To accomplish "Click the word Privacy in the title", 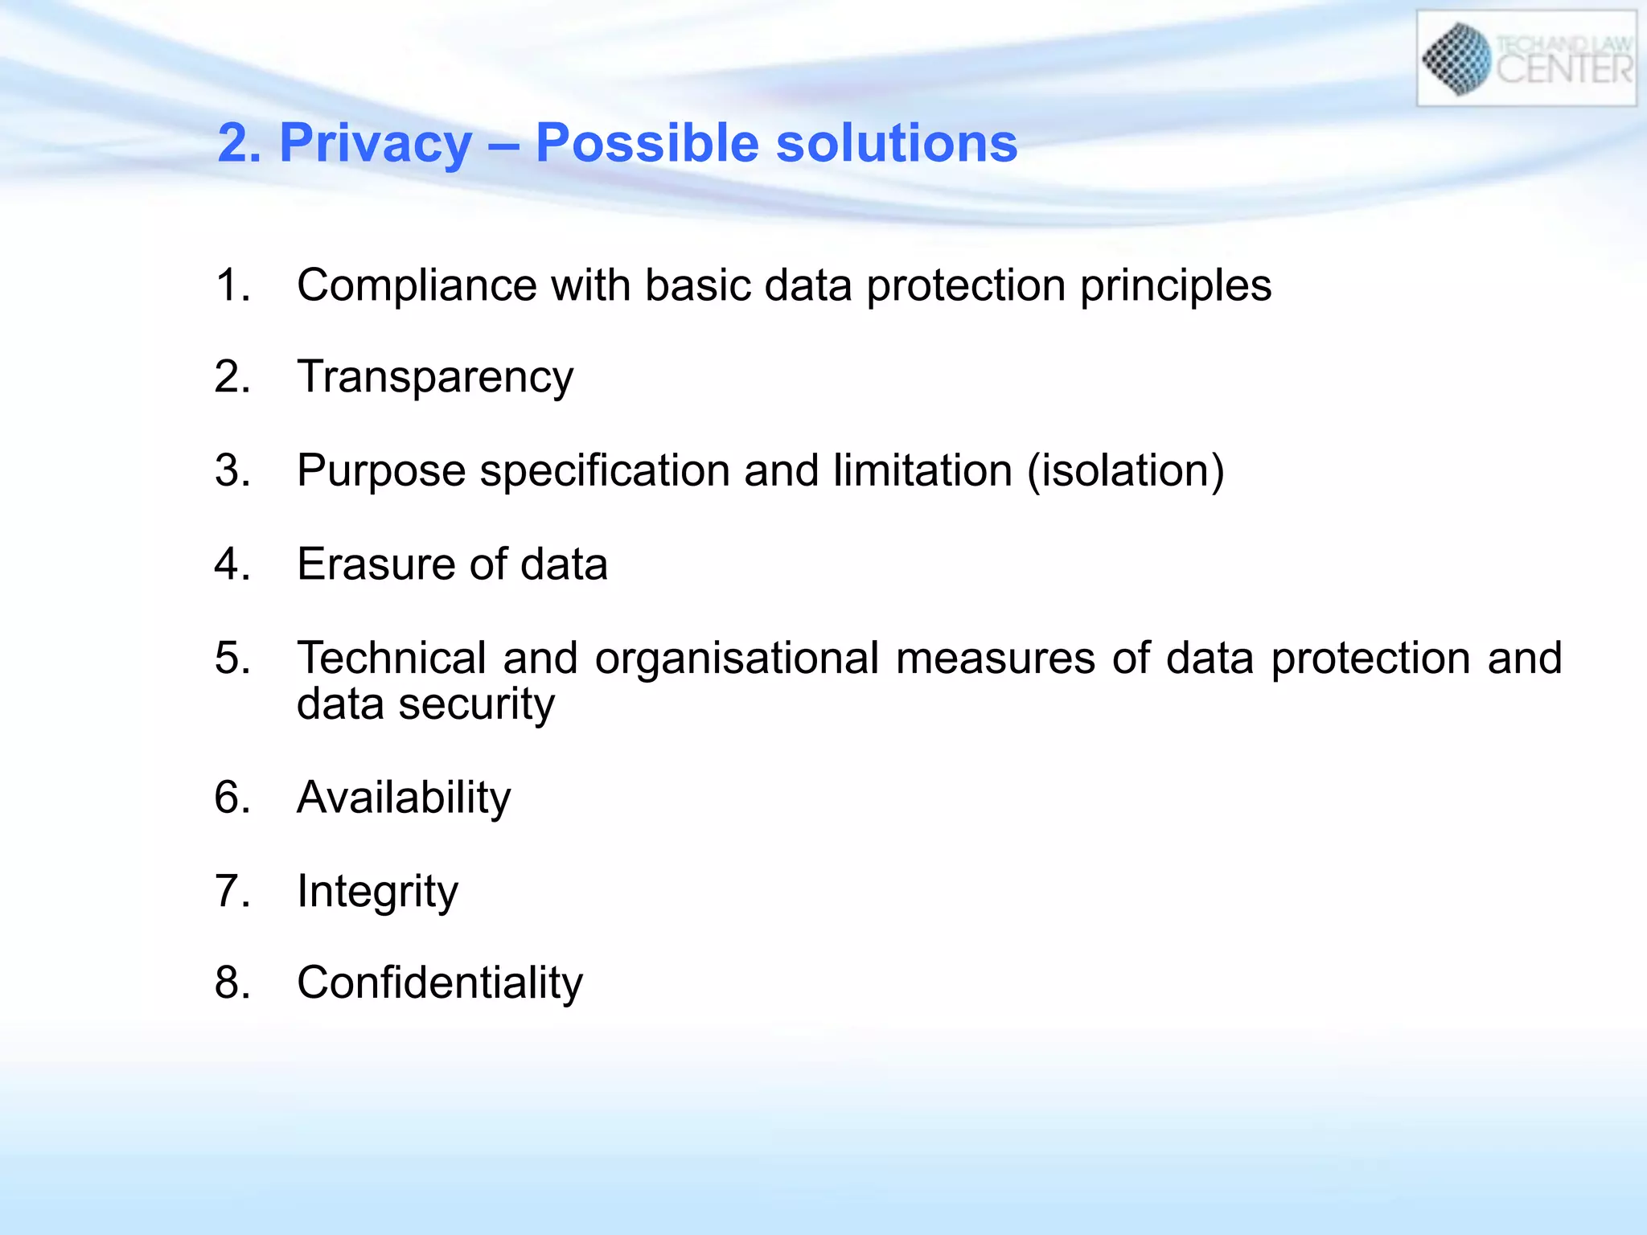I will coord(376,144).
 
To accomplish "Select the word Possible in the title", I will coord(647,144).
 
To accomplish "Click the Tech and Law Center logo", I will coord(1526,59).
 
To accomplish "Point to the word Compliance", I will coord(417,285).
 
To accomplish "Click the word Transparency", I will coord(435,378).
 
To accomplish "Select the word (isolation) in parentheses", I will coord(1126,470).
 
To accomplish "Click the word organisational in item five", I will coord(737,658).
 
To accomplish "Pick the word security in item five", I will coord(476,704).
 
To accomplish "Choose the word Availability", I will coord(404,798).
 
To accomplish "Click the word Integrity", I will coord(377,892).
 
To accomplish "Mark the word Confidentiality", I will coord(440,983).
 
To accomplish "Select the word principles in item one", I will coord(1175,285).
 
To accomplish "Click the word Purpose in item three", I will coord(381,470).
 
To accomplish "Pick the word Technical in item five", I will coord(392,658).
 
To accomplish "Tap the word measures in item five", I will coord(995,658).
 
